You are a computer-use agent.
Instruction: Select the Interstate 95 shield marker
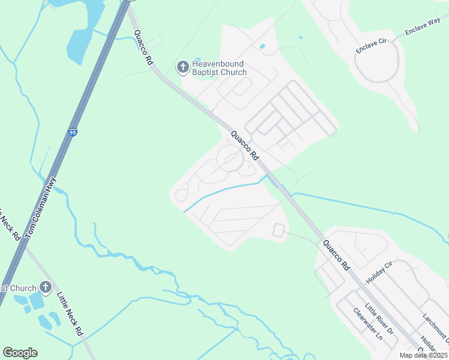tap(73, 132)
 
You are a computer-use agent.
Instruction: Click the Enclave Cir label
tap(371, 46)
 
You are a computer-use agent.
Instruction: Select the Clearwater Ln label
tap(368, 323)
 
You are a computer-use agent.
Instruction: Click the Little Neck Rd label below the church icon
tap(70, 313)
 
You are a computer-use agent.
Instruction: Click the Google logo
tap(20, 353)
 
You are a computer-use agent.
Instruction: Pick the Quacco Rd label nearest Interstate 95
tap(143, 47)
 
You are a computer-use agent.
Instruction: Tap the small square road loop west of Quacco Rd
tap(279, 229)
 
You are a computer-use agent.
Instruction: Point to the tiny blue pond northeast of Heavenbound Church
tap(262, 46)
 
